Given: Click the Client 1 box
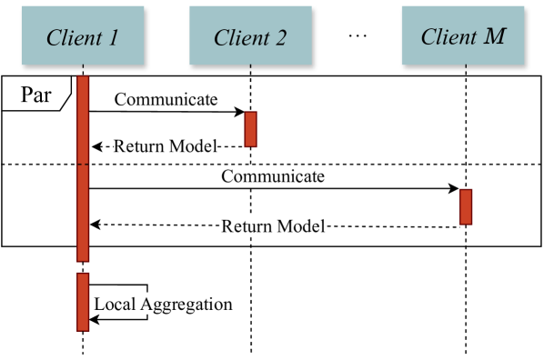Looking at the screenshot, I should pyautogui.click(x=83, y=35).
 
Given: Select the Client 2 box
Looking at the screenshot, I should pyautogui.click(x=250, y=35).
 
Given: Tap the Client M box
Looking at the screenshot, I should pyautogui.click(x=463, y=35).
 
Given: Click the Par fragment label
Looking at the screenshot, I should pyautogui.click(x=35, y=94).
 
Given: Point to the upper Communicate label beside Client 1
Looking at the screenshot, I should pyautogui.click(x=166, y=99).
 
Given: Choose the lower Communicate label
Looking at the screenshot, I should pyautogui.click(x=273, y=175).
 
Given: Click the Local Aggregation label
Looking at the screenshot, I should pyautogui.click(x=163, y=304).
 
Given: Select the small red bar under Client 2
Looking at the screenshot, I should pyautogui.click(x=250, y=129).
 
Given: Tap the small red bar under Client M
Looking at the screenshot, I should pyautogui.click(x=466, y=206).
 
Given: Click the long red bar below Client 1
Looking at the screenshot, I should pyautogui.click(x=83, y=168).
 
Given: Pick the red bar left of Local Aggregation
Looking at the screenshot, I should pyautogui.click(x=83, y=302).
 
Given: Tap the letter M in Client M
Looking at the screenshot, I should pyautogui.click(x=494, y=36).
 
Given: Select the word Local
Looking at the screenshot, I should pyautogui.click(x=115, y=304).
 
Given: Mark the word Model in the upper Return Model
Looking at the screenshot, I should pyautogui.click(x=195, y=145).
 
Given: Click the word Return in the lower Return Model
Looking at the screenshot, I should pyautogui.click(x=247, y=225).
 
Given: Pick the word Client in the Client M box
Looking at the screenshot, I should pyautogui.click(x=448, y=36).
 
